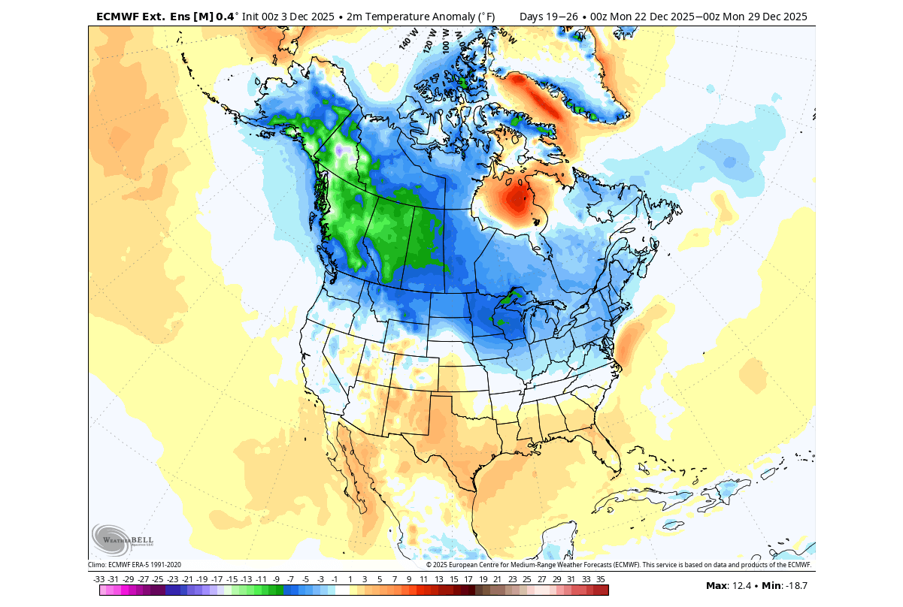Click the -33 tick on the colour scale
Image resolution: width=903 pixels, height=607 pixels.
click(x=99, y=579)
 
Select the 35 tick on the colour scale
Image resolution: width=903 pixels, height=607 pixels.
click(x=601, y=579)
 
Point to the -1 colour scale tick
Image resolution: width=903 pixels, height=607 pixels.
click(x=335, y=579)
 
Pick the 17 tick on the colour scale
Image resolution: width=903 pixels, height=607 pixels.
click(x=468, y=579)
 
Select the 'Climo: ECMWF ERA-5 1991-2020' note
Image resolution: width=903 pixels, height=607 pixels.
click(x=135, y=565)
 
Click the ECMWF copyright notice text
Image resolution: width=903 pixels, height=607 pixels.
click(x=619, y=565)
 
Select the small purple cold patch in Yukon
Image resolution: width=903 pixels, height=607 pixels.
click(x=342, y=151)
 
